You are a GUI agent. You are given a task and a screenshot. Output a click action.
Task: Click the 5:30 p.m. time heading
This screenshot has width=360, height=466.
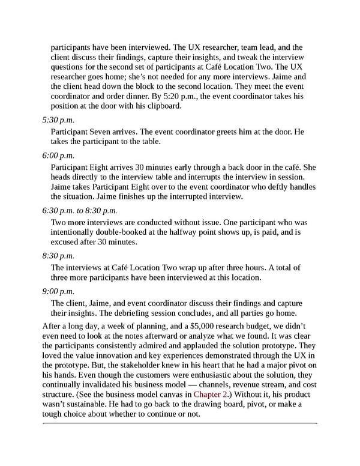coord(58,120)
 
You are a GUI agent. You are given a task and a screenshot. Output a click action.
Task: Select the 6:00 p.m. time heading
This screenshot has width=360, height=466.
coord(58,156)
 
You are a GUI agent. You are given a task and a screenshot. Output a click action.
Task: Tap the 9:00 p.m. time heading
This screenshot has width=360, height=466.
coord(58,291)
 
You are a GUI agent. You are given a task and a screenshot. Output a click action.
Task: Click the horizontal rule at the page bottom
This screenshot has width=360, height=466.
coord(180,423)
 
